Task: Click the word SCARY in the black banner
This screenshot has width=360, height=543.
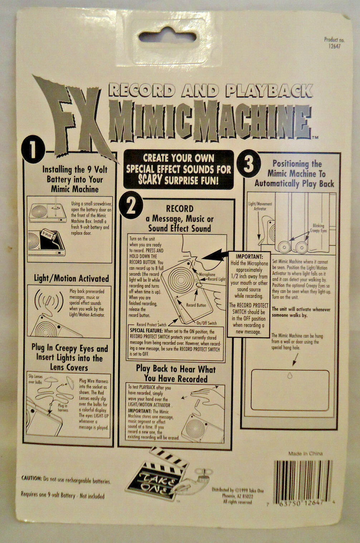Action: (150, 179)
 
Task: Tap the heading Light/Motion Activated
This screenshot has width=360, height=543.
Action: (71, 279)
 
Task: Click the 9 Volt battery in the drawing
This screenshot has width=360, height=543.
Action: (47, 235)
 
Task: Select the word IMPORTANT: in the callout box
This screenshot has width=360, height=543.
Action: (249, 256)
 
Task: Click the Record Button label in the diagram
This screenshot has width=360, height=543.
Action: (196, 305)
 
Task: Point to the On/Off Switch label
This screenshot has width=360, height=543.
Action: (206, 323)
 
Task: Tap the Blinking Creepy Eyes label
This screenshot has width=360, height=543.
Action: (317, 228)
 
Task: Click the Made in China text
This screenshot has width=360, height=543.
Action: (305, 453)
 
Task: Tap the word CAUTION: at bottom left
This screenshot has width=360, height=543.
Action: (31, 478)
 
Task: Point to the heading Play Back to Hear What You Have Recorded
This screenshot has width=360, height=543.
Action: (176, 374)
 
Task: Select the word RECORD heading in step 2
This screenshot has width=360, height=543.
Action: (180, 209)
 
